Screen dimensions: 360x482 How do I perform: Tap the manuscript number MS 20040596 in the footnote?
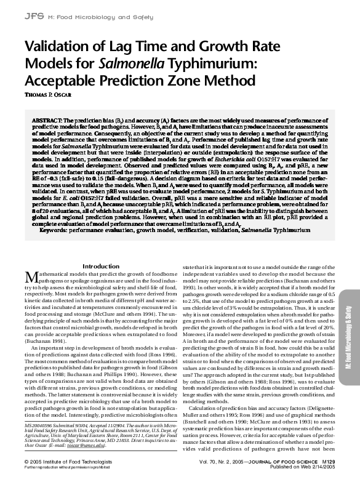click(x=44, y=424)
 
